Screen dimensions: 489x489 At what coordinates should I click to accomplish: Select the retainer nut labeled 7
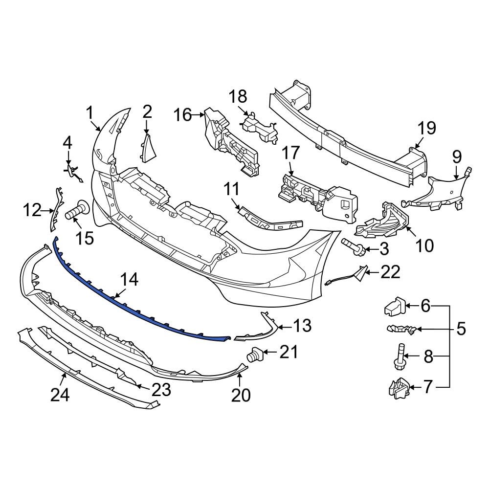tap(397, 388)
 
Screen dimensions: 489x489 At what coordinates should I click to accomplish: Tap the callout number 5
tap(461, 329)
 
